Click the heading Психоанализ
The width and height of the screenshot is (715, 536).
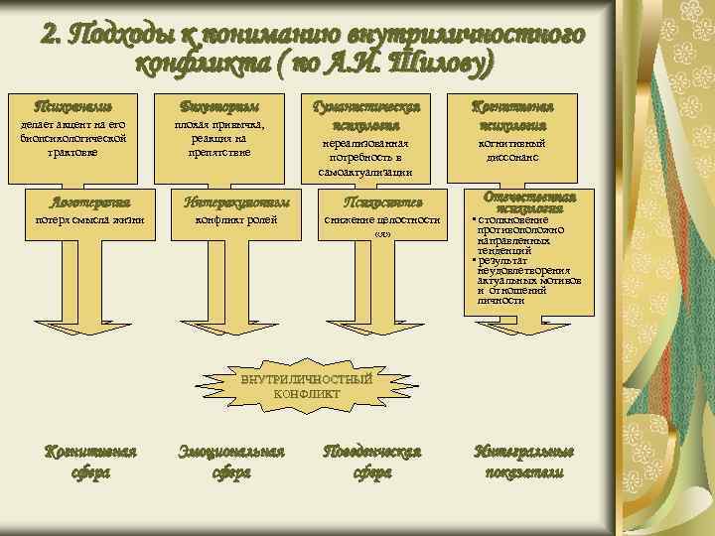tap(72, 106)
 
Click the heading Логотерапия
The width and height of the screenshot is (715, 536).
tap(89, 201)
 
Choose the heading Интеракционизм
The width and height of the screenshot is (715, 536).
tap(234, 201)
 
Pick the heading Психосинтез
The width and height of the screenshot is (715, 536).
tap(379, 201)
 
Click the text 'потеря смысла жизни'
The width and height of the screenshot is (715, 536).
tap(89, 219)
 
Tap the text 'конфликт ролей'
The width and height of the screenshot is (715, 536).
tap(234, 219)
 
